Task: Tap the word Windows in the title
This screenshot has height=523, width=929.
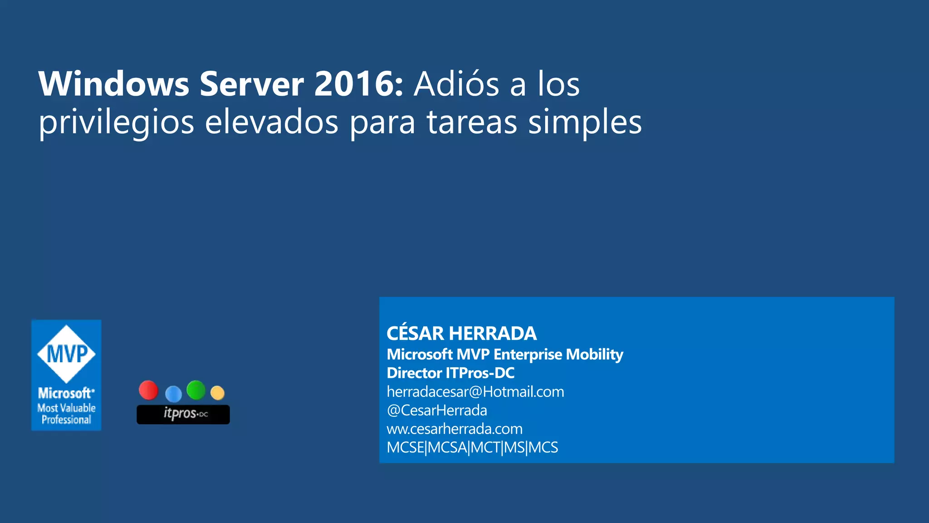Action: pyautogui.click(x=114, y=84)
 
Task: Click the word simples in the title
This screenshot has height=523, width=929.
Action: pyautogui.click(x=585, y=122)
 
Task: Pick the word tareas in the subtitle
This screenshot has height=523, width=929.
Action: pyautogui.click(x=472, y=122)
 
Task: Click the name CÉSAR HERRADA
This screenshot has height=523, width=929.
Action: pyautogui.click(x=461, y=334)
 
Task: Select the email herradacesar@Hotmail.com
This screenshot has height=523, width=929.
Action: pyautogui.click(x=475, y=392)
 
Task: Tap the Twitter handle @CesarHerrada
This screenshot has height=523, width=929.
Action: pyautogui.click(x=437, y=410)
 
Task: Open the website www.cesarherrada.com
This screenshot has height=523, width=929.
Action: pyautogui.click(x=455, y=429)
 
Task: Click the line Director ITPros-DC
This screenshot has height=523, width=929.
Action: pyautogui.click(x=450, y=373)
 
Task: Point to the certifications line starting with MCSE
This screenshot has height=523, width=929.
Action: pyautogui.click(x=472, y=448)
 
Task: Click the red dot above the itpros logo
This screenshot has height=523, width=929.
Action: pyautogui.click(x=148, y=390)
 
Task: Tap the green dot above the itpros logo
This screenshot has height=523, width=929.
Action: pyautogui.click(x=196, y=390)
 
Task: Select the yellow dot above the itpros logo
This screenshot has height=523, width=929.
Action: pyautogui.click(x=218, y=393)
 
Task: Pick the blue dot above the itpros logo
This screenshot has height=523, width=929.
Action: pyautogui.click(x=173, y=394)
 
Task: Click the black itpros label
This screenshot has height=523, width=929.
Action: pyautogui.click(x=183, y=414)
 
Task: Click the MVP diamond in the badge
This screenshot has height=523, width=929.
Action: pyautogui.click(x=66, y=354)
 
